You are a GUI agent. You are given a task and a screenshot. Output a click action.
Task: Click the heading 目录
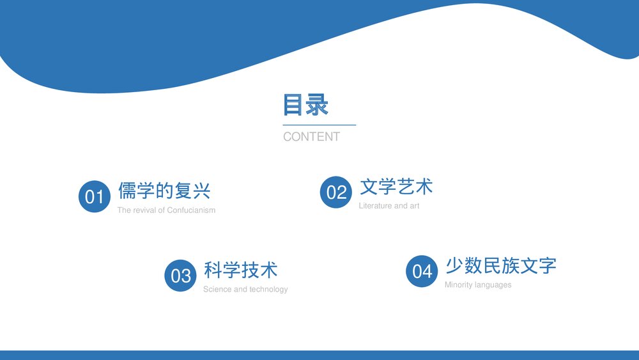pyautogui.click(x=306, y=105)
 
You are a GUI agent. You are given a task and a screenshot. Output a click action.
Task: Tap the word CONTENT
pyautogui.click(x=311, y=136)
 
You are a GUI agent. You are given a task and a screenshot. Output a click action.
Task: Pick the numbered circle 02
pyautogui.click(x=336, y=192)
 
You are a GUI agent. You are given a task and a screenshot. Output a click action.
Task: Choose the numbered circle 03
pyautogui.click(x=181, y=276)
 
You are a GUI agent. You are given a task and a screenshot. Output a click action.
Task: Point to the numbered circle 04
pyautogui.click(x=422, y=271)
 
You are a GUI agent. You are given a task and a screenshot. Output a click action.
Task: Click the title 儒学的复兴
pyautogui.click(x=164, y=191)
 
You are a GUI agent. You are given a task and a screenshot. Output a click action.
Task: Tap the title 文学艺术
pyautogui.click(x=396, y=187)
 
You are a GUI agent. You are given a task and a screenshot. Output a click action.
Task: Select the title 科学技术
pyautogui.click(x=241, y=270)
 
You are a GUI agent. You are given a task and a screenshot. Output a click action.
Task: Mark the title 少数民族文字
pyautogui.click(x=500, y=265)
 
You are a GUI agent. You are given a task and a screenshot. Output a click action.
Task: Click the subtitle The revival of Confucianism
pyautogui.click(x=166, y=210)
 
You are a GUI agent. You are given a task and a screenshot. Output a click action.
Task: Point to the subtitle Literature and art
pyautogui.click(x=389, y=206)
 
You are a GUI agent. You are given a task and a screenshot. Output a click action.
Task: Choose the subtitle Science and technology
pyautogui.click(x=245, y=290)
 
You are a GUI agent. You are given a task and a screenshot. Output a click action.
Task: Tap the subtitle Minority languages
pyautogui.click(x=478, y=285)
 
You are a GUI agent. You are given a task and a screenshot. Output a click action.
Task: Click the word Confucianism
pyautogui.click(x=191, y=210)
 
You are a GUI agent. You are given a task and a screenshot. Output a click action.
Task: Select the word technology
pyautogui.click(x=268, y=290)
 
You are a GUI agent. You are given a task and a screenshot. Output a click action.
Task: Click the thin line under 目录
pyautogui.click(x=319, y=125)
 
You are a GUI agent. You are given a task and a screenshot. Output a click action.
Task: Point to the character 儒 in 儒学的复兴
pyautogui.click(x=127, y=191)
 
